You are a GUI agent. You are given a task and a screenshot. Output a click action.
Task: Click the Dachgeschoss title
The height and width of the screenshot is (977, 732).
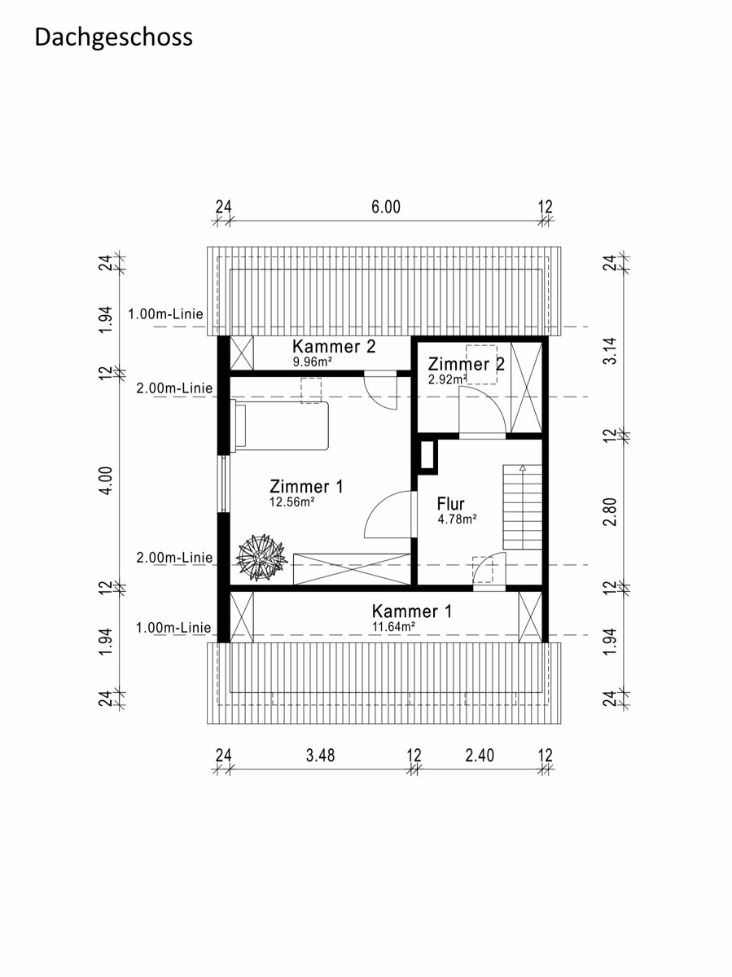coord(113,37)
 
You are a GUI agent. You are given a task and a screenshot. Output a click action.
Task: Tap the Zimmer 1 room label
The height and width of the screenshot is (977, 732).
coord(307,487)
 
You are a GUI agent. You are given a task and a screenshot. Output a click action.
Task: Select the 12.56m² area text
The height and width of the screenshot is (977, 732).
coord(292,502)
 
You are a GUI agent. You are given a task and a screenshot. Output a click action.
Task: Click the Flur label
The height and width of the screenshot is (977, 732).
coord(450,504)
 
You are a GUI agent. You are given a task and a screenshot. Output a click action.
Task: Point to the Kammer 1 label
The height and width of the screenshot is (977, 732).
coord(412,611)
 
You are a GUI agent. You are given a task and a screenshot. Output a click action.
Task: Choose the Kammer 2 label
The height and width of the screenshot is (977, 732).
coord(334,346)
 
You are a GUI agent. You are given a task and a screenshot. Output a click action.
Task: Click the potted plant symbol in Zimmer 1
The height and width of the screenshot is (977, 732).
coord(261,558)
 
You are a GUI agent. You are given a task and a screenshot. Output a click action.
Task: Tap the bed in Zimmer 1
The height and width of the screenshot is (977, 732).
coord(279,426)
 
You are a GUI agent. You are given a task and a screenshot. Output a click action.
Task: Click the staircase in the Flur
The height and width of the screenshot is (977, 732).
coord(523,507)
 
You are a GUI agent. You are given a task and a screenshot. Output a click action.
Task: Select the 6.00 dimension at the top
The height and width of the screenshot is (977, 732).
coord(386,207)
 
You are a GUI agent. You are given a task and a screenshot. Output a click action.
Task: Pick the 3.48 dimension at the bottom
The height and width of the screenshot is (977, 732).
coord(320,756)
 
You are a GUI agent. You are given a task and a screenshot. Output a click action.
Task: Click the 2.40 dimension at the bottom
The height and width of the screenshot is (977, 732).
coord(480,756)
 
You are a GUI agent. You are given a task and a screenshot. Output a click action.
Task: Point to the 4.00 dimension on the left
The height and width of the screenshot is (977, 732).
coord(107,480)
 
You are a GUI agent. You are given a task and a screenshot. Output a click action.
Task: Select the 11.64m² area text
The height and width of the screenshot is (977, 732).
coord(394,627)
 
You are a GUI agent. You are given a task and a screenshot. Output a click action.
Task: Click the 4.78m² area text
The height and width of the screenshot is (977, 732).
coord(457,519)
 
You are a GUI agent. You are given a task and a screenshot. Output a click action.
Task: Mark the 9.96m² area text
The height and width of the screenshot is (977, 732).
coord(313,361)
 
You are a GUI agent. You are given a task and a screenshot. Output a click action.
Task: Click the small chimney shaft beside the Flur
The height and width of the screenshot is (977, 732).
coord(427,454)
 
